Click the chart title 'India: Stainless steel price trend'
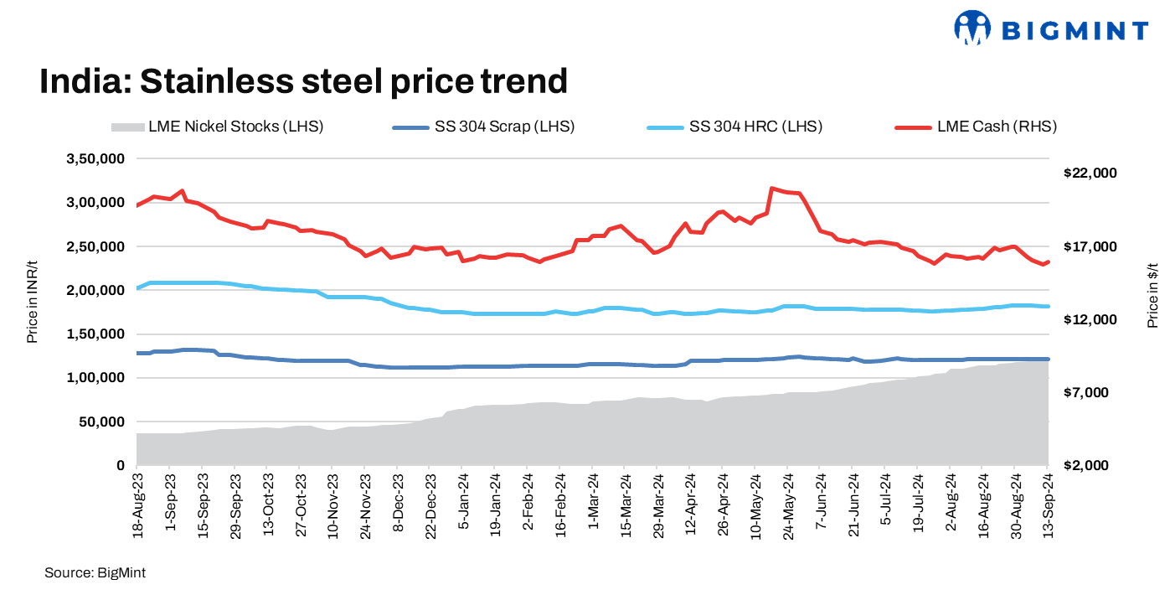click(x=304, y=81)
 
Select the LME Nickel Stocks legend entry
click(x=217, y=127)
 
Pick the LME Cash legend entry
click(x=976, y=127)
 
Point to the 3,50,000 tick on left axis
click(x=95, y=159)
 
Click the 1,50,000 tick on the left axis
click(x=95, y=334)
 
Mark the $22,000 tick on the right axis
click(x=1090, y=173)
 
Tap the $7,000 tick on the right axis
click(x=1090, y=393)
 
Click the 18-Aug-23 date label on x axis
click(x=137, y=504)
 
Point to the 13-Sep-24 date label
click(x=1048, y=504)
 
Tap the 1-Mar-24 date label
click(x=592, y=502)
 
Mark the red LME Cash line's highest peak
click(x=771, y=189)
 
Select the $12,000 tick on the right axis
click(x=1090, y=320)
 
